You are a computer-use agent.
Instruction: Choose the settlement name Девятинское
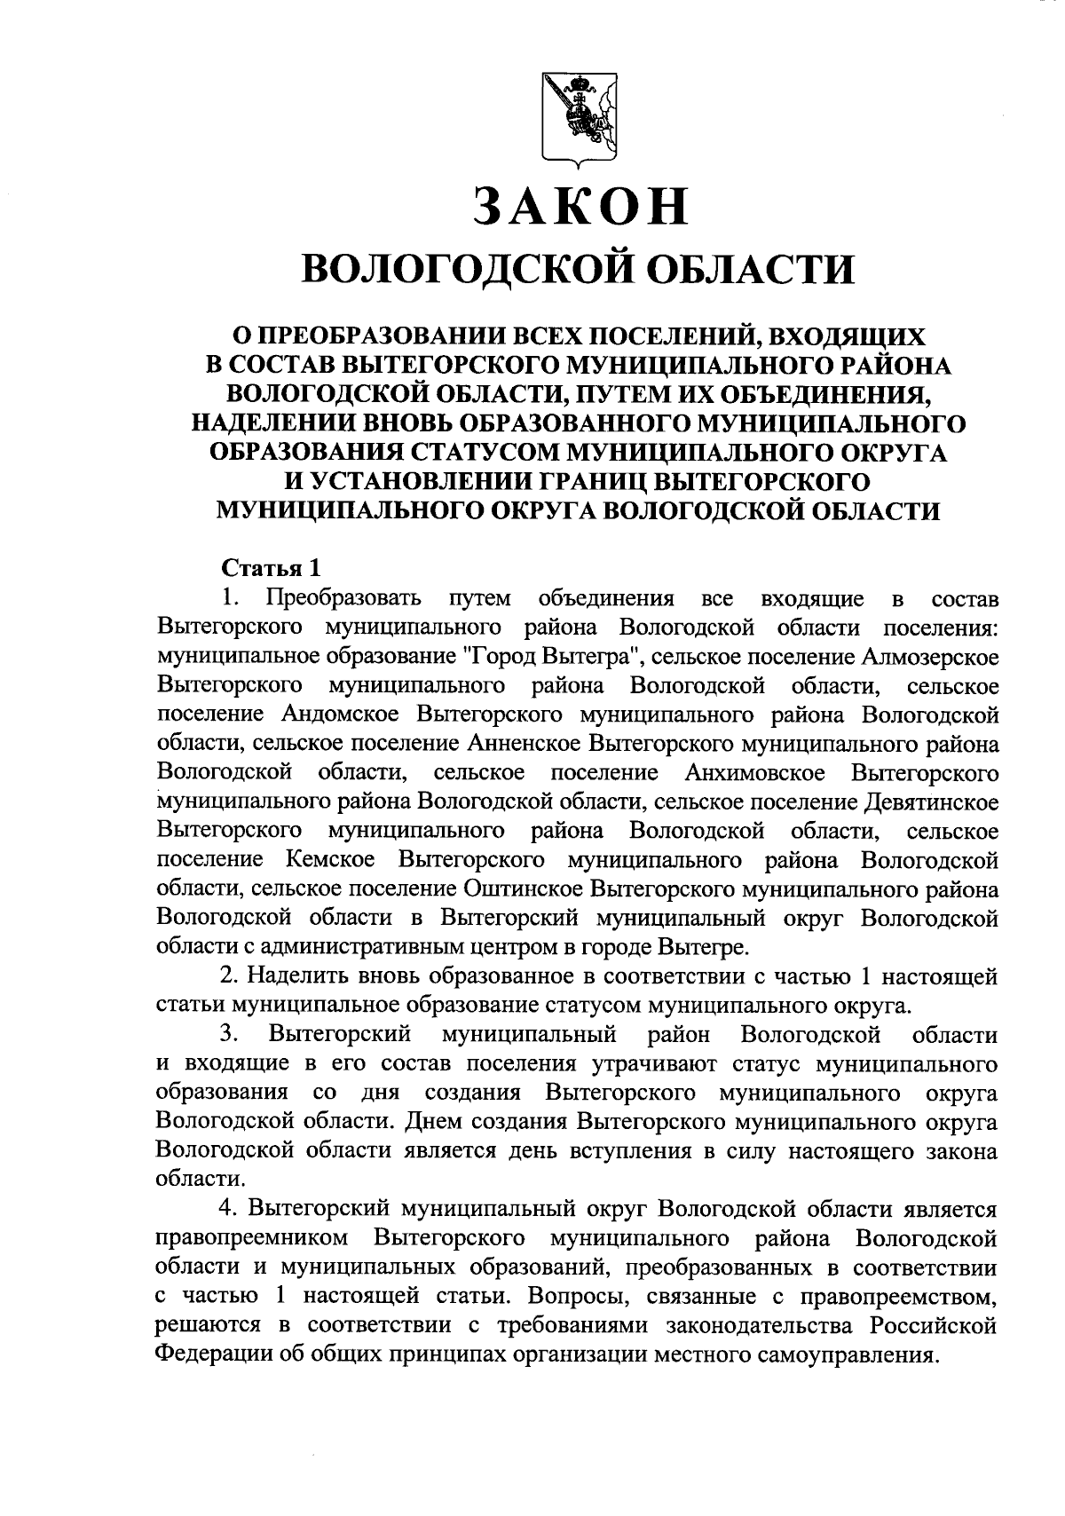coord(930,801)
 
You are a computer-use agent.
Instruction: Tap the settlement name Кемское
coord(331,860)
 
